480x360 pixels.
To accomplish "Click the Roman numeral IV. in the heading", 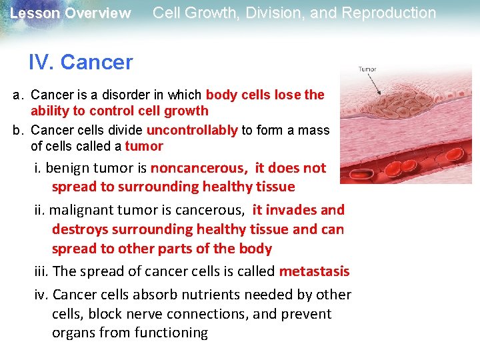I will point(41,63).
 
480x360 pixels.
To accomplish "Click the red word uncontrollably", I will point(192,130).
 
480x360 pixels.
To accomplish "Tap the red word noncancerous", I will point(199,168).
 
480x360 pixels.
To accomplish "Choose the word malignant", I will point(78,210).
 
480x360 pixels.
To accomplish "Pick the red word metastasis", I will point(314,271).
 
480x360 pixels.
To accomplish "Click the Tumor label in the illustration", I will point(367,69).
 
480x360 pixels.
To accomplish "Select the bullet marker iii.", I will point(41,271).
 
